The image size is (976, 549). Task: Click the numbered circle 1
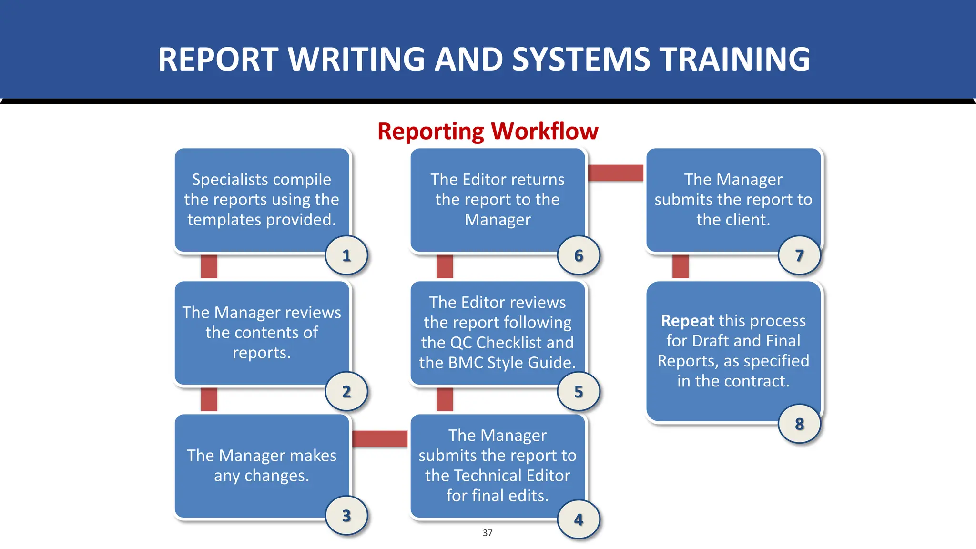point(346,255)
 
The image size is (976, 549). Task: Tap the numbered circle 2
point(346,391)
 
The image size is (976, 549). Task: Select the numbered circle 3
point(346,515)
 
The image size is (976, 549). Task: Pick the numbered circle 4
point(579,519)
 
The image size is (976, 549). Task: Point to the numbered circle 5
point(579,391)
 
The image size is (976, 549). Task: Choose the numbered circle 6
point(579,255)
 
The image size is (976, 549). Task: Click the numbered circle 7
point(799,255)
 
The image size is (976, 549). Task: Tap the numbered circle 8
point(799,423)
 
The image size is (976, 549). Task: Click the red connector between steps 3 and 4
point(380,438)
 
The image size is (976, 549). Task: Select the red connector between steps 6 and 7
point(615,173)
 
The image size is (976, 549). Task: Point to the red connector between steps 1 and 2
point(209,266)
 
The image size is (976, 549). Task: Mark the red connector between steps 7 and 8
point(680,266)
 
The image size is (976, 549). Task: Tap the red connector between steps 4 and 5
point(445,399)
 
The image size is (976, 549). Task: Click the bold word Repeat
point(687,321)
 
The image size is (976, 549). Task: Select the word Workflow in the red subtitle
point(545,131)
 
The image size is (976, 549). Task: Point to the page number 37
point(488,533)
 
